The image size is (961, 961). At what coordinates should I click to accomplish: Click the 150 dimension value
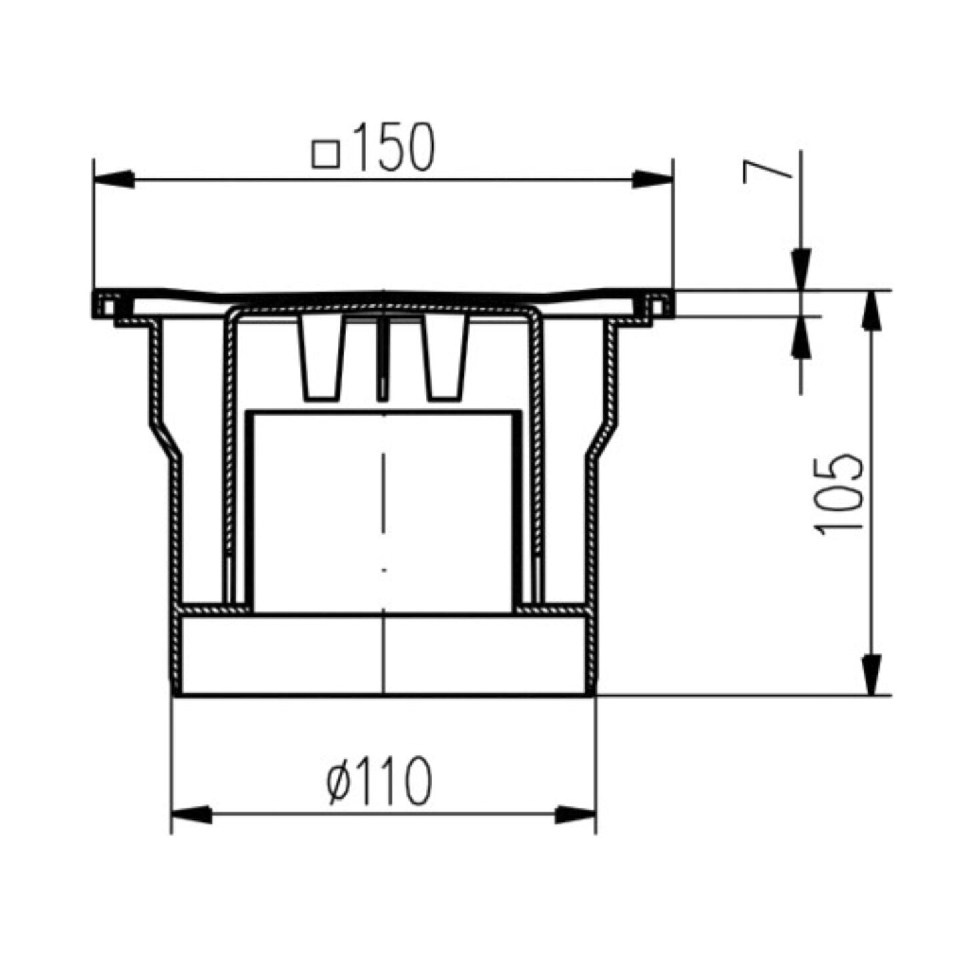pos(394,147)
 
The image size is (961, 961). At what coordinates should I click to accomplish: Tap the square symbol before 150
pos(325,153)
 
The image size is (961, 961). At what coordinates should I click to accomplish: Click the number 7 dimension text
pos(767,171)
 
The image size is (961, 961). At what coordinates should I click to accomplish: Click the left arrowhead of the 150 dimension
pos(114,179)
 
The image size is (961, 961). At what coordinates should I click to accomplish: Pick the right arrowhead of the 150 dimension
pos(653,179)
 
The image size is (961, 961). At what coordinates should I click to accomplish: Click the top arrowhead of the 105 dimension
pos(871,310)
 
